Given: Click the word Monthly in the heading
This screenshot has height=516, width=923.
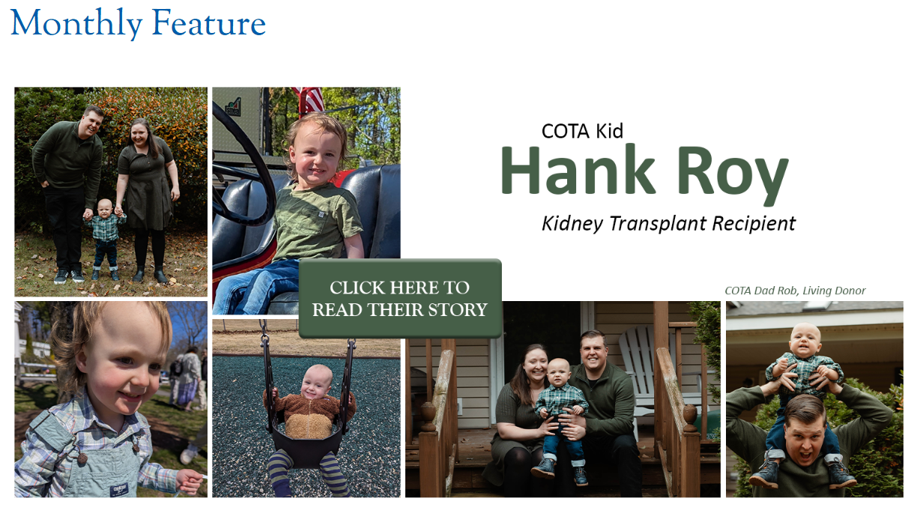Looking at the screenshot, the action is tap(76, 23).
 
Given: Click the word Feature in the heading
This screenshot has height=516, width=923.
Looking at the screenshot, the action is tap(209, 22).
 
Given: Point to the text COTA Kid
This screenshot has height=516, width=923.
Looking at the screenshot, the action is tap(582, 131).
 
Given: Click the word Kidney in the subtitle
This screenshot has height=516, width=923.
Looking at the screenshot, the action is tap(572, 225).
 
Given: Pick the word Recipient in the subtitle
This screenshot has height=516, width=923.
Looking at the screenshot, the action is tap(754, 225).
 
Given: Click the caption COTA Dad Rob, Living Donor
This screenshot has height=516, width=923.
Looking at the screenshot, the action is tap(795, 291).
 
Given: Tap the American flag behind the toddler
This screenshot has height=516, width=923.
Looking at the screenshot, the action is tap(309, 100).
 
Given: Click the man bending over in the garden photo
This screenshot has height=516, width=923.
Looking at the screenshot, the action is tap(70, 193).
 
